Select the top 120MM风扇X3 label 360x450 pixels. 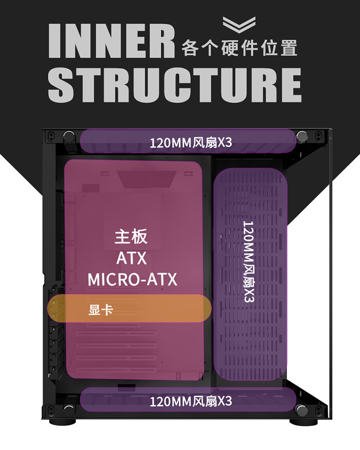coord(190,143)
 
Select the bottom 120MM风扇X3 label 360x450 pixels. coord(190,401)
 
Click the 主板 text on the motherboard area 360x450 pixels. coord(131,237)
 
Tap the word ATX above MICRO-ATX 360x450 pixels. coord(132,258)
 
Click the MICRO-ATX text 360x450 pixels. coord(132,279)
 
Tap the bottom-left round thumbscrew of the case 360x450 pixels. coord(69,409)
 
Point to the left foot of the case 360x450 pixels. coord(69,421)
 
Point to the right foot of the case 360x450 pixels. coord(303,421)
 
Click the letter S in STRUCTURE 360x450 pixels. coord(61,85)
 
